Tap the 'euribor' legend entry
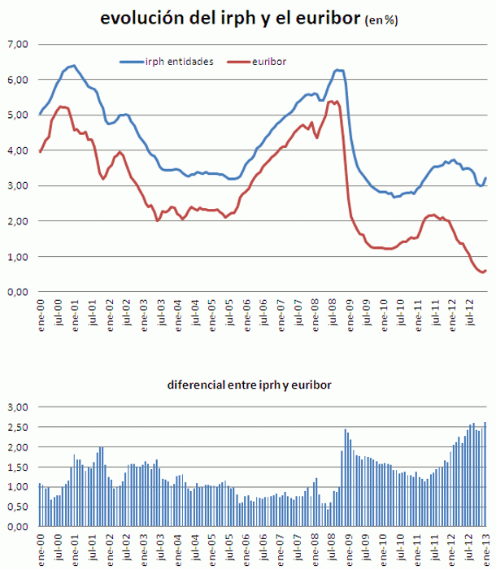coord(269,61)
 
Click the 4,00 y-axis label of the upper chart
coord(17,150)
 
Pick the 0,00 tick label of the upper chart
coord(17,292)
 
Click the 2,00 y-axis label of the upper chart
coord(17,221)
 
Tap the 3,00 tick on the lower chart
coord(17,407)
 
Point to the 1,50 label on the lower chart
coord(17,467)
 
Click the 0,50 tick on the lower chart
coord(17,507)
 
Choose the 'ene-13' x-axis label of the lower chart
coord(486,547)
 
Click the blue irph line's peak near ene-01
coord(73,65)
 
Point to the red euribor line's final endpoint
coord(485,271)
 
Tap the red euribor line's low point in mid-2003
coord(158,220)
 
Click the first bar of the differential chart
coord(40,505)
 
